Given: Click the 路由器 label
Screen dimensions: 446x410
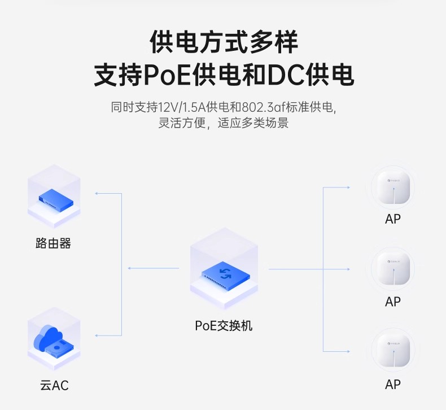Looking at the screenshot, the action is (x=53, y=243).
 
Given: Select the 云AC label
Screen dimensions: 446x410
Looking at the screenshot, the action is (x=54, y=385).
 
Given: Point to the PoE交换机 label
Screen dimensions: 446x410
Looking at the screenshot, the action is (x=224, y=326).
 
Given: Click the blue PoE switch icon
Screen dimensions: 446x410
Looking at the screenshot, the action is (x=226, y=274).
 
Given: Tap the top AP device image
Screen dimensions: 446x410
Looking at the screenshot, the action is (x=393, y=188).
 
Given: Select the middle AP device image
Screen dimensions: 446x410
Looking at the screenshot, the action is (x=393, y=269).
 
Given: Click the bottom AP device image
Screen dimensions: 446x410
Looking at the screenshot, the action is (x=393, y=351).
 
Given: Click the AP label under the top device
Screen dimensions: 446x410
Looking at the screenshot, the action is (x=393, y=219).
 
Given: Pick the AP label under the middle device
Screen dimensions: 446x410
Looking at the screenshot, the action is (x=393, y=302).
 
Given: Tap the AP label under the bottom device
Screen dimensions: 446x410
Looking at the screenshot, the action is (x=393, y=385).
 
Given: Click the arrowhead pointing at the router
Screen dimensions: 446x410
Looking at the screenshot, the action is (x=97, y=194).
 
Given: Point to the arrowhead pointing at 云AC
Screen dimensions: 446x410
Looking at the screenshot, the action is (x=97, y=336).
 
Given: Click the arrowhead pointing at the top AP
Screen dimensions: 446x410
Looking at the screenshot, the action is (x=348, y=187).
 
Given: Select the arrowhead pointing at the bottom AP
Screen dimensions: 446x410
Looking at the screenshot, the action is (x=348, y=351).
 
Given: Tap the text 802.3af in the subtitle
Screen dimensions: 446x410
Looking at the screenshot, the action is (x=264, y=107).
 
